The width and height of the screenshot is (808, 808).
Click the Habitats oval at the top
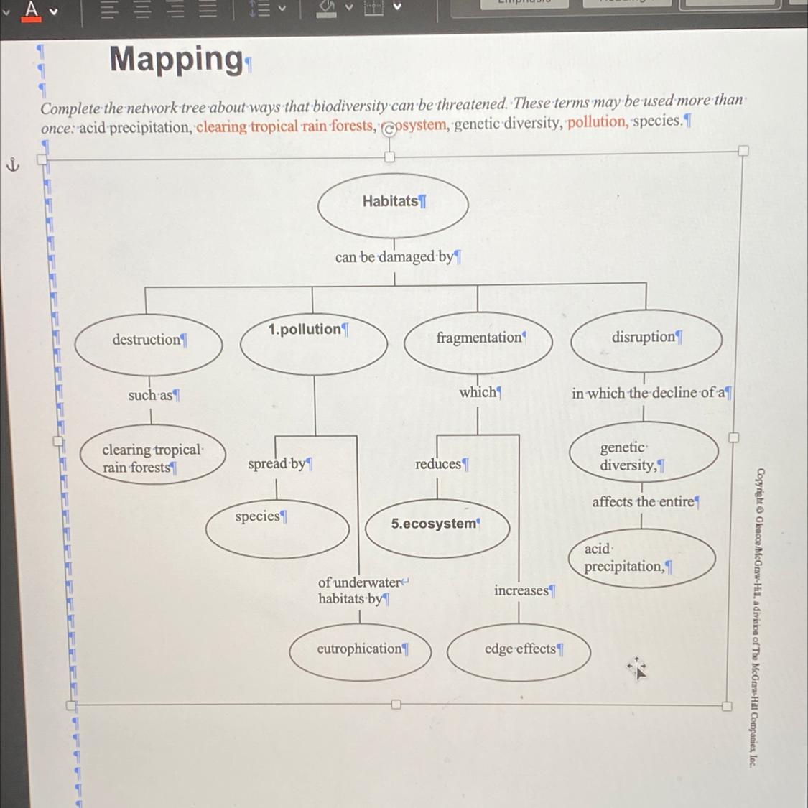pyautogui.click(x=393, y=205)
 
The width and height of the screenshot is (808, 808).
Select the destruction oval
pyautogui.click(x=149, y=344)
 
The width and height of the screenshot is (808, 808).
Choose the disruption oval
pyautogui.click(x=646, y=340)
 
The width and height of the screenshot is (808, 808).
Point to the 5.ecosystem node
pyautogui.click(x=437, y=527)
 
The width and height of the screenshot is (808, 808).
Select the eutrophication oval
pyautogui.click(x=361, y=651)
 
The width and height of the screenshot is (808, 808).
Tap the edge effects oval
pyautogui.click(x=519, y=651)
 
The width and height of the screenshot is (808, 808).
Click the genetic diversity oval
pyautogui.click(x=644, y=452)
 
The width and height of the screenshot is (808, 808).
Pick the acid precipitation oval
pyautogui.click(x=642, y=558)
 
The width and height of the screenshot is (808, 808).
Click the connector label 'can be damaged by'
pyautogui.click(x=394, y=256)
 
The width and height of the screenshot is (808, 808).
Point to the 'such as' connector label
pyautogui.click(x=152, y=395)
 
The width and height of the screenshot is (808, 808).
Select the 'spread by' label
pyautogui.click(x=277, y=464)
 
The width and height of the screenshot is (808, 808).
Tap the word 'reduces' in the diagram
pyautogui.click(x=439, y=464)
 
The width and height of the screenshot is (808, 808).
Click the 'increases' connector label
pyautogui.click(x=522, y=590)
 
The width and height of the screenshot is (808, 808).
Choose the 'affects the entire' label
pyautogui.click(x=643, y=501)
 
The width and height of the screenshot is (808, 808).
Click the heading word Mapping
pyautogui.click(x=177, y=59)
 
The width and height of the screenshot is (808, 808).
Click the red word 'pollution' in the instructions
pyautogui.click(x=597, y=121)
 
